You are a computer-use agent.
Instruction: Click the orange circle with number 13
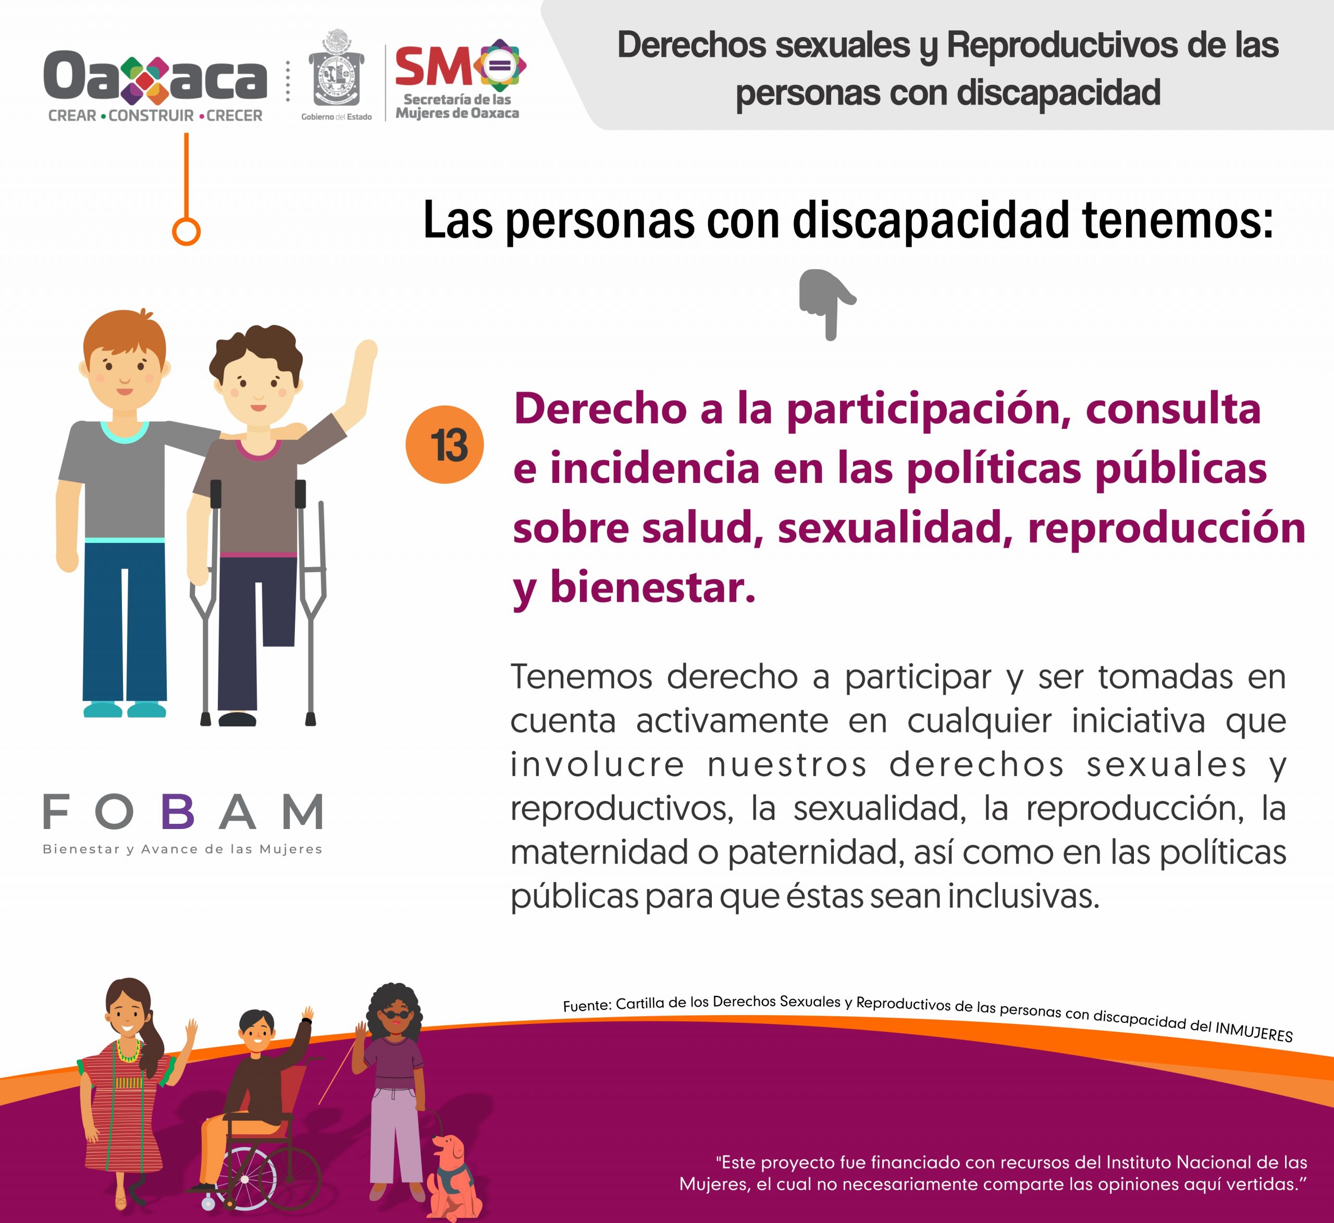coord(444,444)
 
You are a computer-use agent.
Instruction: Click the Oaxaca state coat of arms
coord(337,68)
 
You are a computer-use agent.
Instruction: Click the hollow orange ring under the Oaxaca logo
coord(186,232)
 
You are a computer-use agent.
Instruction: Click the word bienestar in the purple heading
coord(652,587)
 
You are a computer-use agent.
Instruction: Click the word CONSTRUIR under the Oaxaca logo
coord(151,116)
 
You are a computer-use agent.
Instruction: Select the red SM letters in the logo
coord(434,67)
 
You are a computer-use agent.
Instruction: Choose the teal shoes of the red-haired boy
coord(125,709)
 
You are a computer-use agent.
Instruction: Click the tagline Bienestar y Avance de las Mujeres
coord(182,849)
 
